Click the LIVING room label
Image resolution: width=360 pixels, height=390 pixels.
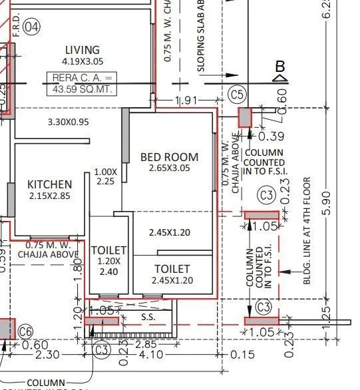pyautogui.click(x=83, y=50)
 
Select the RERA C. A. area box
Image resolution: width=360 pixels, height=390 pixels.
pyautogui.click(x=83, y=83)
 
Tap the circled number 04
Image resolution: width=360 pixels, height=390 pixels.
pyautogui.click(x=32, y=27)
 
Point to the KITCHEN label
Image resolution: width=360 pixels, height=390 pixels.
pyautogui.click(x=50, y=184)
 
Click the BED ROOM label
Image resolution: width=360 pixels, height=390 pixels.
pyautogui.click(x=169, y=157)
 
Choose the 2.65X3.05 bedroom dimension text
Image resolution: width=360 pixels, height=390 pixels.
pyautogui.click(x=169, y=168)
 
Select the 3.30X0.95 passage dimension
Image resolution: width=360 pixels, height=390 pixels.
pyautogui.click(x=78, y=122)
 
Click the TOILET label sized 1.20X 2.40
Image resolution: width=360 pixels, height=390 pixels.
pyautogui.click(x=108, y=250)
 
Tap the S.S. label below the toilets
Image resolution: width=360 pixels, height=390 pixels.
pyautogui.click(x=148, y=317)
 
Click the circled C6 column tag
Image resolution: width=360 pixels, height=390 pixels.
pyautogui.click(x=25, y=331)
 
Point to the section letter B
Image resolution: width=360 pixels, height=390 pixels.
pyautogui.click(x=280, y=67)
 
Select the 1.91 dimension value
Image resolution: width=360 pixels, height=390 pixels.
pyautogui.click(x=186, y=100)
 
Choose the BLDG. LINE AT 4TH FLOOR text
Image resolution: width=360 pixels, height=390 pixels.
pyautogui.click(x=307, y=230)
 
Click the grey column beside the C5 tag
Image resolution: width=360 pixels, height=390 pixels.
pyautogui.click(x=246, y=118)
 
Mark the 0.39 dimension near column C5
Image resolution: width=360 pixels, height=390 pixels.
pyautogui.click(x=270, y=136)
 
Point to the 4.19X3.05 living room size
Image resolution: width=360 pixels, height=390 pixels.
pyautogui.click(x=83, y=61)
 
